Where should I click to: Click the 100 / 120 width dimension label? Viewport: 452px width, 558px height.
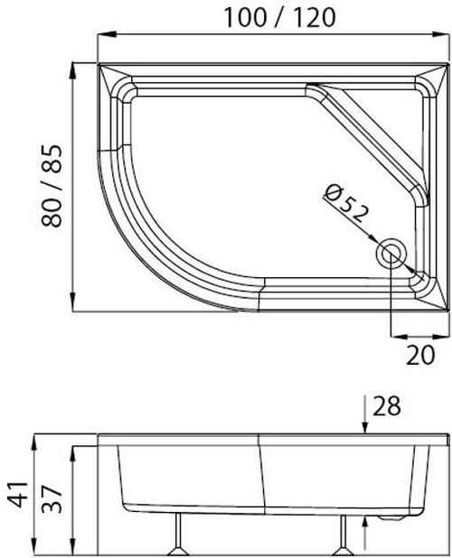(280, 18)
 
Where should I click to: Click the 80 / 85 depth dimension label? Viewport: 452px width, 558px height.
(52, 185)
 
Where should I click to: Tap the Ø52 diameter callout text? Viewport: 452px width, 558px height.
(346, 204)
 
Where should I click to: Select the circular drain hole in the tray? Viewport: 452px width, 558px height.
(391, 253)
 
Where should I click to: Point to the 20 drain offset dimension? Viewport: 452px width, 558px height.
(420, 355)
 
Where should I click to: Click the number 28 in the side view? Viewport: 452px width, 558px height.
(387, 406)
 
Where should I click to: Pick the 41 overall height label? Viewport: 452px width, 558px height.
(18, 494)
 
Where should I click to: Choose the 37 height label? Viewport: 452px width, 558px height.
(52, 500)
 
